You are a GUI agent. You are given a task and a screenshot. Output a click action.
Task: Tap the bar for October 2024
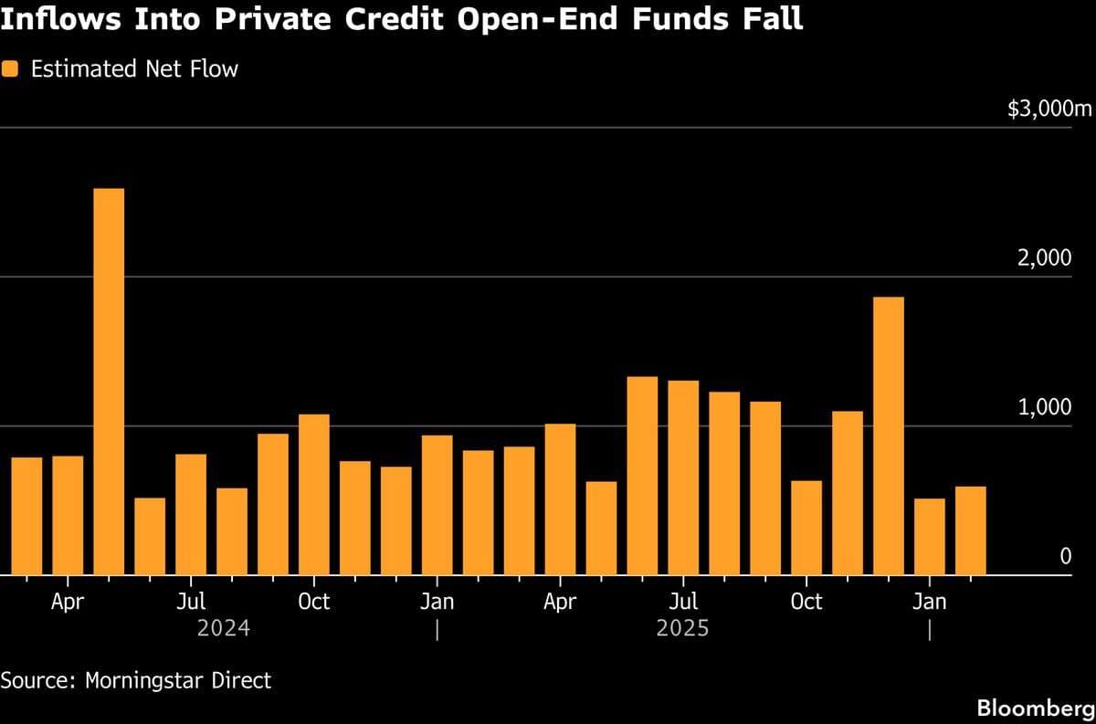(314, 494)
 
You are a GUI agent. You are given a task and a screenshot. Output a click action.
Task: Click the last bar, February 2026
(971, 530)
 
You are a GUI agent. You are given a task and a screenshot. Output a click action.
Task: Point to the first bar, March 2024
(26, 516)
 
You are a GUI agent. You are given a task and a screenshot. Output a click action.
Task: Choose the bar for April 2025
(560, 498)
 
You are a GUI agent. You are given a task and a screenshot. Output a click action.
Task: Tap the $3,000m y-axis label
(1049, 110)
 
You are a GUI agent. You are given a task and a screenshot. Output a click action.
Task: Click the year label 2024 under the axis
(223, 629)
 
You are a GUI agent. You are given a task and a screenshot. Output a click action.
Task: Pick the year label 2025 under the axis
(682, 629)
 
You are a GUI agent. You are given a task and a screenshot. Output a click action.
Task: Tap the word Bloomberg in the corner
(1035, 708)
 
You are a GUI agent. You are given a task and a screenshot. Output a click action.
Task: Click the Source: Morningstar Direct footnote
(136, 680)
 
